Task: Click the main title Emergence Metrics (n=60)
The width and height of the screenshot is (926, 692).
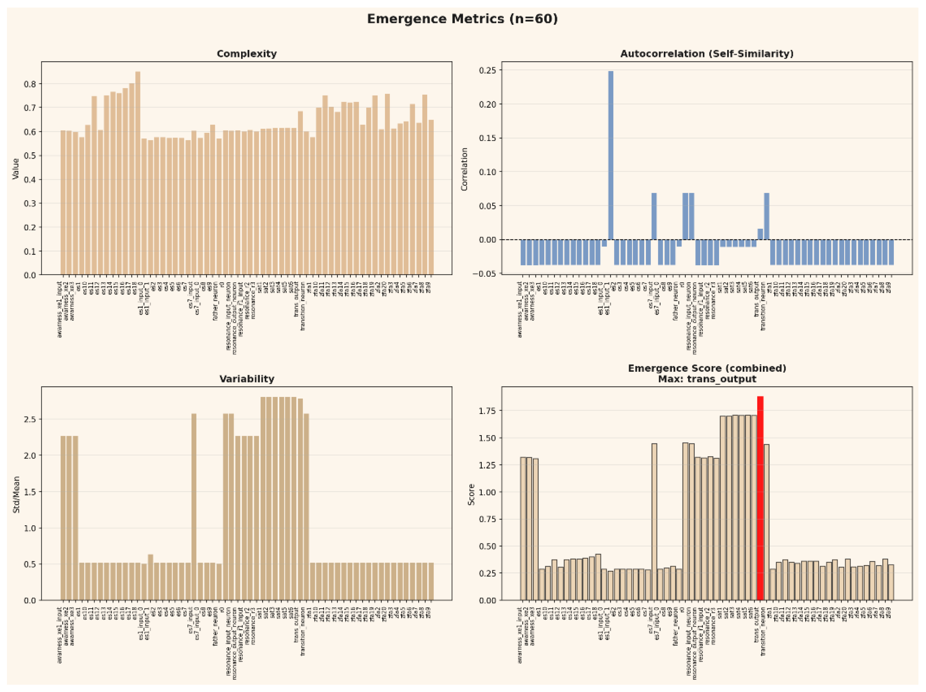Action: pyautogui.click(x=462, y=19)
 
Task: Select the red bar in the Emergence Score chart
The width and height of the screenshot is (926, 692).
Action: pyautogui.click(x=760, y=498)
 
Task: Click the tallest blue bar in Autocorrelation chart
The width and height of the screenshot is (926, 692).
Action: pyautogui.click(x=611, y=155)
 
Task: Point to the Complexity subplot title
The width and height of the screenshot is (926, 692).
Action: pyautogui.click(x=247, y=54)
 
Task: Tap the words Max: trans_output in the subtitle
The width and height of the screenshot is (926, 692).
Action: pyautogui.click(x=707, y=379)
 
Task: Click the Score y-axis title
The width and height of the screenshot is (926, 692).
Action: pyautogui.click(x=471, y=494)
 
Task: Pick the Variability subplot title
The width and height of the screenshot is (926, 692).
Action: pyautogui.click(x=247, y=379)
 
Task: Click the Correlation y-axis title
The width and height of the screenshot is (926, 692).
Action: pyautogui.click(x=464, y=169)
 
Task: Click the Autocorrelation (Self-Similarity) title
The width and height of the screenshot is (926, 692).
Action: pyautogui.click(x=707, y=54)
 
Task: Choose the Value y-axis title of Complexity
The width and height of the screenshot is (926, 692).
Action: pyautogui.click(x=16, y=169)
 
